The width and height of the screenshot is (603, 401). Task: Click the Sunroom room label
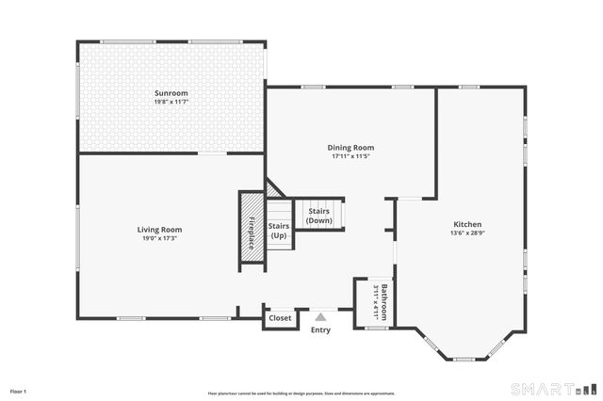click(x=171, y=93)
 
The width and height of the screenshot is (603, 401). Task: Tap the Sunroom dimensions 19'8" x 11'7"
click(x=171, y=102)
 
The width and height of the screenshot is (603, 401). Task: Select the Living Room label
click(x=159, y=229)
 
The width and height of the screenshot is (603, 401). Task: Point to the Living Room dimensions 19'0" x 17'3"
click(x=159, y=238)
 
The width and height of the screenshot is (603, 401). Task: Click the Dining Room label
click(x=350, y=147)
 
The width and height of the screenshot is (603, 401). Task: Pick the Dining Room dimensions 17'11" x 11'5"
click(x=350, y=156)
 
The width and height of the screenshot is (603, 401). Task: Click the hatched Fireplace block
click(x=253, y=230)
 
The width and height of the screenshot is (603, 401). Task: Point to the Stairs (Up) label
click(x=279, y=231)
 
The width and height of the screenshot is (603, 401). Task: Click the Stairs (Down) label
click(x=319, y=216)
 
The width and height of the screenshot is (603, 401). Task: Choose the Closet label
click(x=280, y=318)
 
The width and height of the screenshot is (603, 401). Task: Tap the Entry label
click(x=320, y=329)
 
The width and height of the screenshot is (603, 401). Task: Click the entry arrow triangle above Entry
click(x=320, y=317)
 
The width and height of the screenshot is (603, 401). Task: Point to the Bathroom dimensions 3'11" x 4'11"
click(x=375, y=302)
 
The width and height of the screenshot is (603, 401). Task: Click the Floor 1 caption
click(x=19, y=390)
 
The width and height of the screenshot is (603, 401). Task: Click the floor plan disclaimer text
click(x=301, y=393)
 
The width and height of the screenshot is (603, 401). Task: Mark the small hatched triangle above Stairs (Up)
click(x=272, y=191)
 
